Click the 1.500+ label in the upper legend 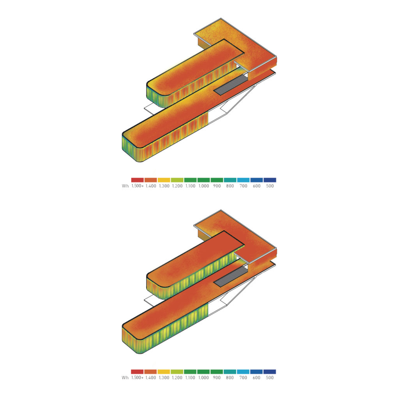click(x=138, y=186)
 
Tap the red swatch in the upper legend click(x=138, y=180)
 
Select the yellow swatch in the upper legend click(x=164, y=180)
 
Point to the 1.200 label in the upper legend click(x=177, y=186)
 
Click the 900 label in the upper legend click(x=217, y=186)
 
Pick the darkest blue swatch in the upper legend click(x=270, y=180)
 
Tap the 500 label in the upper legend click(x=270, y=186)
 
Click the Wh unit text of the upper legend click(x=125, y=186)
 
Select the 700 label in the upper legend click(x=243, y=186)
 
